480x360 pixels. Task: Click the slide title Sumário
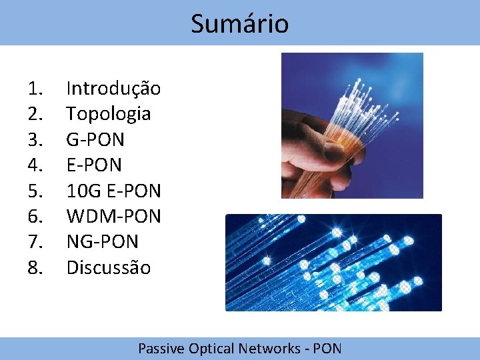239,24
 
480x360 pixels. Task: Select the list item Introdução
113,88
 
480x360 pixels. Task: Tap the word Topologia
108,114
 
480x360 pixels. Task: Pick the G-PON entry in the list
95,139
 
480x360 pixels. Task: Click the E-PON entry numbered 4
94,165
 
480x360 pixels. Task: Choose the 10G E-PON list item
113,191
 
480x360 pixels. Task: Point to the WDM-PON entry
113,217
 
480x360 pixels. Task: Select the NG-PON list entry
102,242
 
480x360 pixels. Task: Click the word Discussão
108,268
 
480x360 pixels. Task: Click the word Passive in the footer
161,348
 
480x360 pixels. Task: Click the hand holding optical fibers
351,125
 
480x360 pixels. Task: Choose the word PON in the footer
327,348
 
